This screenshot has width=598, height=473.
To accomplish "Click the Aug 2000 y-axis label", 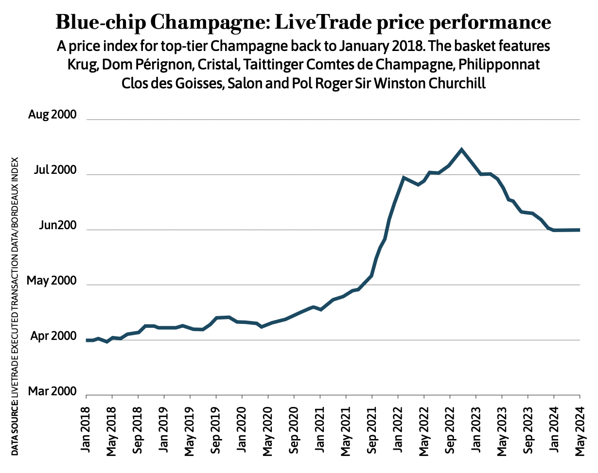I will (53, 116).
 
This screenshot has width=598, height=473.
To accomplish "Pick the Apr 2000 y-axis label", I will (53, 337).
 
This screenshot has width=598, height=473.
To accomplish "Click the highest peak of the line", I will (461, 149).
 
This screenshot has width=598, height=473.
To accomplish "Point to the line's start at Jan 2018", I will (87, 340).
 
